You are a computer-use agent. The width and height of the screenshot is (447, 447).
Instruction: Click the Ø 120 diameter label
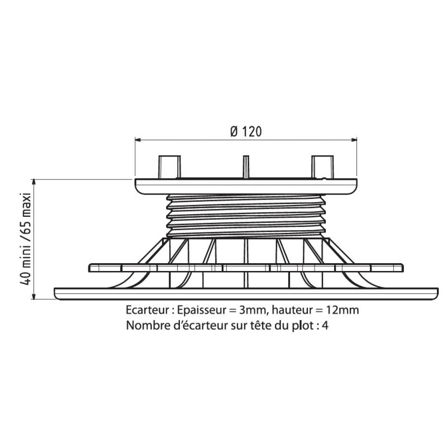tap(246, 132)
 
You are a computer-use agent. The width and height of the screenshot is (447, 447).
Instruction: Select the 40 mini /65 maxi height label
tap(26, 239)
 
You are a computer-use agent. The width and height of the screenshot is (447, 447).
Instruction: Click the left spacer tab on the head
tap(170, 167)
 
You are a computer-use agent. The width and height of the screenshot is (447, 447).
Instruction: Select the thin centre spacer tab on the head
tap(246, 167)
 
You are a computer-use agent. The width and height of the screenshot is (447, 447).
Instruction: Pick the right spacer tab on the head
tap(322, 167)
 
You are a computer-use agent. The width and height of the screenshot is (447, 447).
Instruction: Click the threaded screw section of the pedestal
tap(246, 216)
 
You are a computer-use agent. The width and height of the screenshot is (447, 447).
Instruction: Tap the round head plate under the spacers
tap(246, 187)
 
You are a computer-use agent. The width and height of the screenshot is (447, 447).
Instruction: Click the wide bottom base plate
tap(246, 294)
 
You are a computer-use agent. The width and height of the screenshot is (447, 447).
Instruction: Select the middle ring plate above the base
tap(246, 268)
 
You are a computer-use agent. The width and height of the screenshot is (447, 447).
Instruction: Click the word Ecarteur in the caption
tap(148, 310)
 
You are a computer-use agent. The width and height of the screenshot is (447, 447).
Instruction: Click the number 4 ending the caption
tap(325, 325)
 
